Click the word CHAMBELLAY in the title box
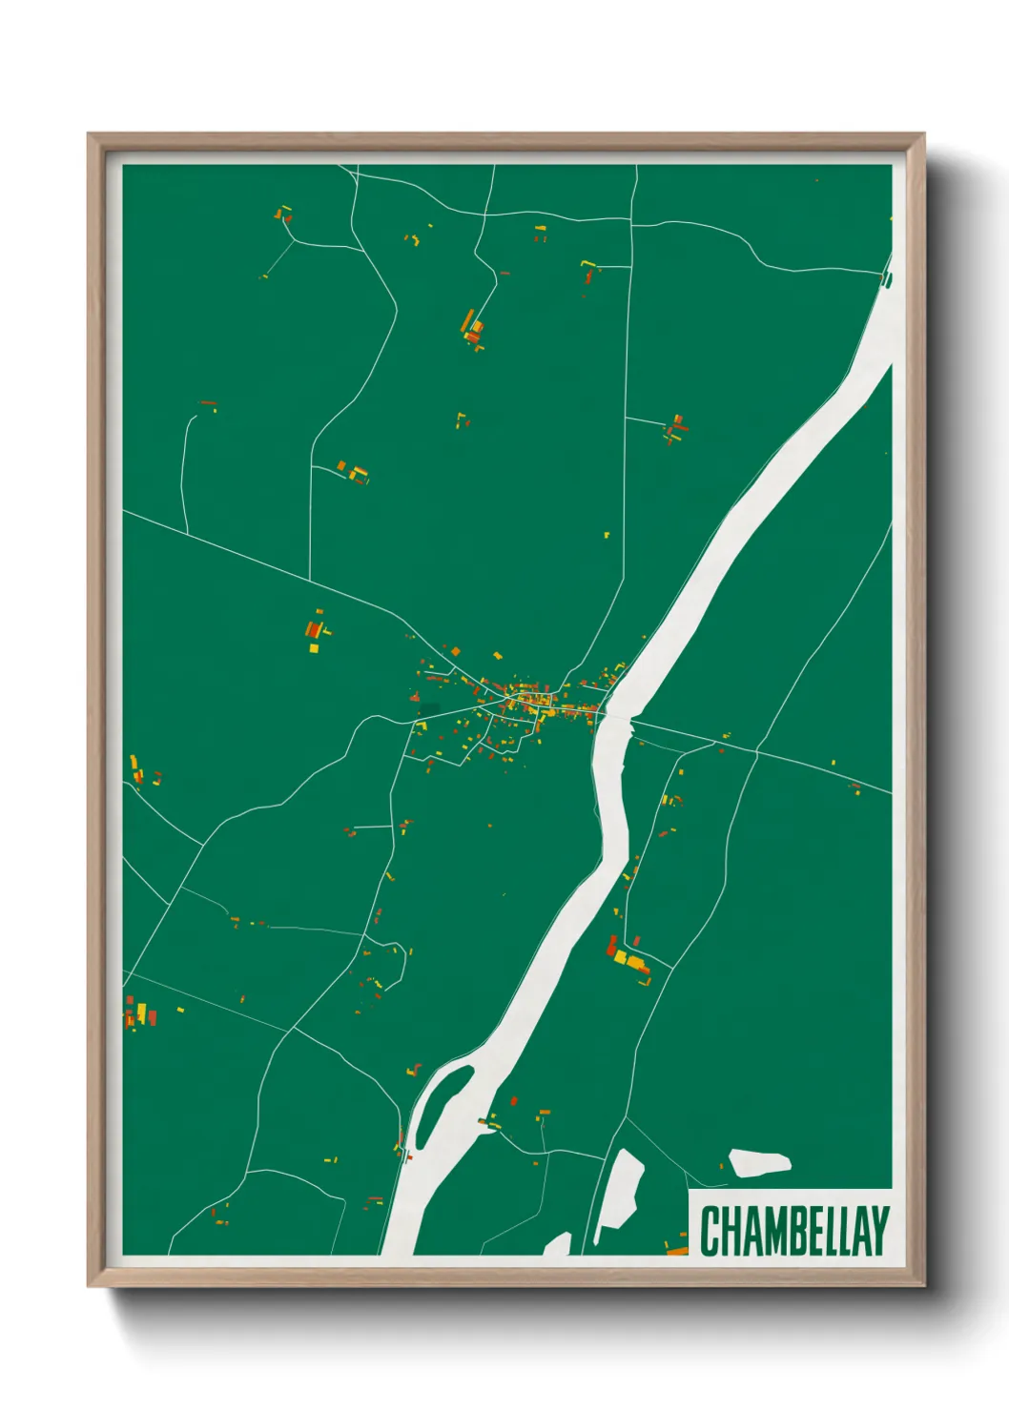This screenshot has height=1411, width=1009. [x=793, y=1231]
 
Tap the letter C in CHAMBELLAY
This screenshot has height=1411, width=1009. [x=710, y=1231]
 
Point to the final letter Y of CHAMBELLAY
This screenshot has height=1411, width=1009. [x=879, y=1231]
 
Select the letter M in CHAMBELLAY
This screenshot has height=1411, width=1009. [x=765, y=1231]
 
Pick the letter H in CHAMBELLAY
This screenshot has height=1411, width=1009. [x=729, y=1231]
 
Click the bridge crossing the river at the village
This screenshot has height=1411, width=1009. [x=614, y=716]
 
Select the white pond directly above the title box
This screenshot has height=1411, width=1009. [x=759, y=1163]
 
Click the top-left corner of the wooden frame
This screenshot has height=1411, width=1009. [x=90, y=135]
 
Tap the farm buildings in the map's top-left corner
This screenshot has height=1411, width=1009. [x=283, y=215]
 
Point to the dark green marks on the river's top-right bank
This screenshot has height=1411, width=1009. [x=887, y=279]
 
